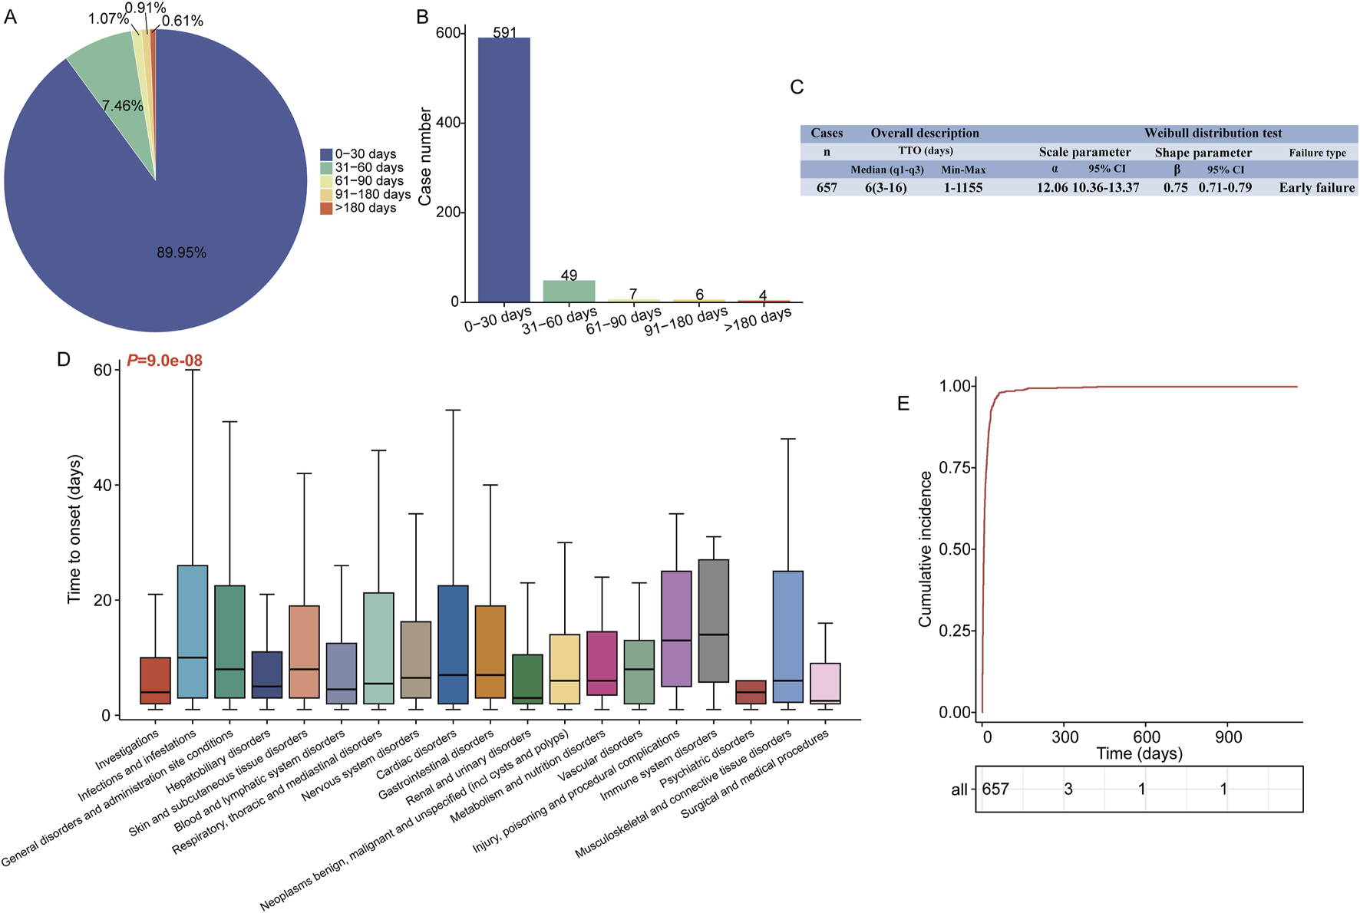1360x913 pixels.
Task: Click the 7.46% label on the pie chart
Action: pyautogui.click(x=123, y=106)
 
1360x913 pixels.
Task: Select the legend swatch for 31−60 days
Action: pyautogui.click(x=326, y=168)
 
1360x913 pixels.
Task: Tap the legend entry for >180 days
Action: pyautogui.click(x=365, y=208)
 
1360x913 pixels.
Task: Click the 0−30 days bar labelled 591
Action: pyautogui.click(x=503, y=169)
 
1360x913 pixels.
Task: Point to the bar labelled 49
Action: pyautogui.click(x=569, y=291)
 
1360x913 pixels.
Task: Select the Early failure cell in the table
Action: pyautogui.click(x=1316, y=188)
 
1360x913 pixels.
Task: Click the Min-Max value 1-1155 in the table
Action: pyautogui.click(x=962, y=188)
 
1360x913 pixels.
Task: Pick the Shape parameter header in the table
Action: pyautogui.click(x=1203, y=153)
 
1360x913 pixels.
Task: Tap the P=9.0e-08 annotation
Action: pyautogui.click(x=165, y=361)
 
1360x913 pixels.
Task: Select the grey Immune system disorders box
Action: pyautogui.click(x=714, y=621)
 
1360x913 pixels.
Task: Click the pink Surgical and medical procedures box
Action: pyautogui.click(x=825, y=684)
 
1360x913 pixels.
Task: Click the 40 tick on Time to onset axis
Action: pyautogui.click(x=102, y=486)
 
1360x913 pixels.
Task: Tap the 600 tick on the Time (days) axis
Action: pyautogui.click(x=1147, y=737)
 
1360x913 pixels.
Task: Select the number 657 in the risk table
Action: pyautogui.click(x=995, y=789)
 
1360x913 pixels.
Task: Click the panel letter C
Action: pyautogui.click(x=797, y=87)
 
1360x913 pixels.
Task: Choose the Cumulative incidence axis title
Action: pyautogui.click(x=926, y=549)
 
